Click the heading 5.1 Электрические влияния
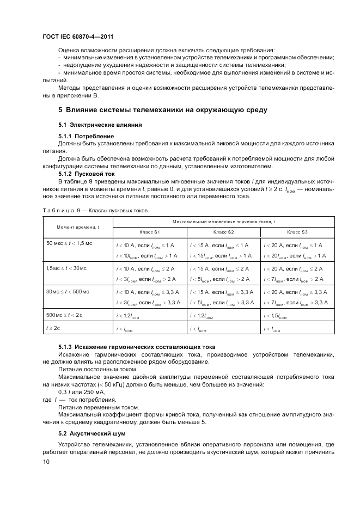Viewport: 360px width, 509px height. pyautogui.click(x=93, y=125)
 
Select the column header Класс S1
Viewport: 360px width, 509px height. pyautogui.click(x=150, y=232)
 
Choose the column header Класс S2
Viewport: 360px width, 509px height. pyautogui.click(x=223, y=232)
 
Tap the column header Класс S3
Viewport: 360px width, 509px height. pyautogui.click(x=296, y=232)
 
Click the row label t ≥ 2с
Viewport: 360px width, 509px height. pyautogui.click(x=53, y=328)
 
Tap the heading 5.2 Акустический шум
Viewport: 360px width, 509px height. pyautogui.click(x=92, y=434)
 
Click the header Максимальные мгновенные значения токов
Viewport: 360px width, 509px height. pyautogui.click(x=223, y=222)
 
